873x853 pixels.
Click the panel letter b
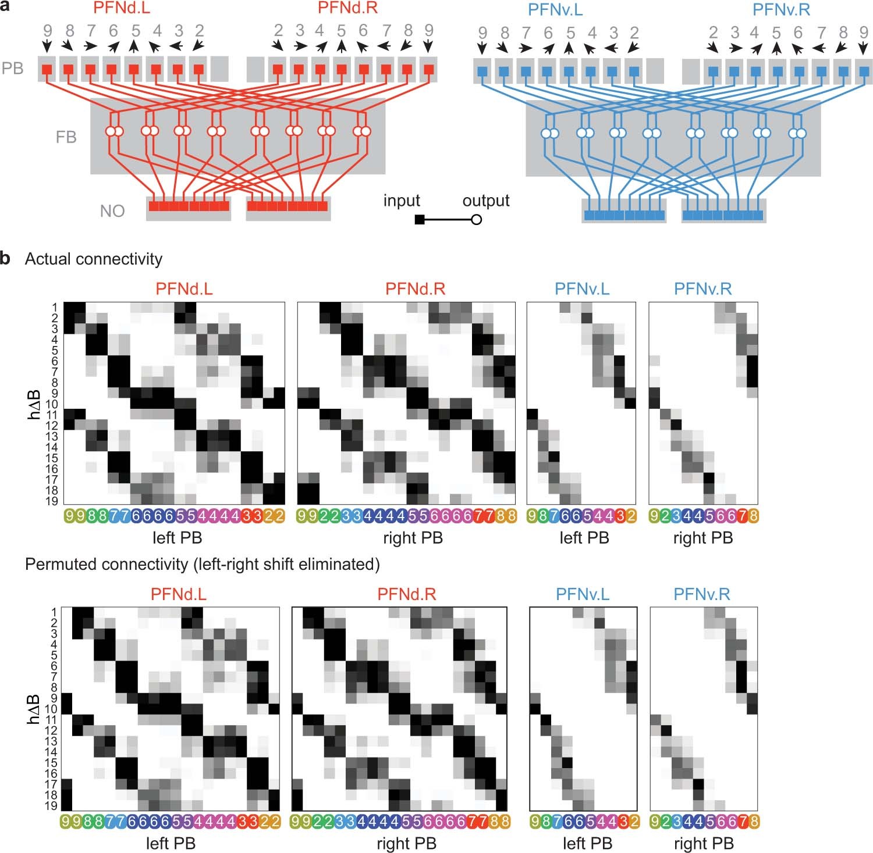click(5, 258)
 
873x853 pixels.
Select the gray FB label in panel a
click(66, 137)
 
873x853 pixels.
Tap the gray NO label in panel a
click(112, 210)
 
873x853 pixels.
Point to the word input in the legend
click(402, 201)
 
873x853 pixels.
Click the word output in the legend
click(486, 201)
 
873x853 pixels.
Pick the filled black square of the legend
click(419, 220)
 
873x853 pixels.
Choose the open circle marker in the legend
click(476, 220)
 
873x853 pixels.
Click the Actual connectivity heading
click(94, 259)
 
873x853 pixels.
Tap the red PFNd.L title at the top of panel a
click(122, 9)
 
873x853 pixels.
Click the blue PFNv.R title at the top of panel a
click(781, 10)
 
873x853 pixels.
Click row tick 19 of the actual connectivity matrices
click(52, 501)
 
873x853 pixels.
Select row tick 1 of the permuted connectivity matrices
click(54, 612)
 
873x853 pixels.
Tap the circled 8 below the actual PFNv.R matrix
click(753, 516)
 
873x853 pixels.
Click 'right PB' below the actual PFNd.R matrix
click(413, 538)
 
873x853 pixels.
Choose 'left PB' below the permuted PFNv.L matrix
click(587, 843)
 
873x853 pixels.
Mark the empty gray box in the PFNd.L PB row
click(219, 69)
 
